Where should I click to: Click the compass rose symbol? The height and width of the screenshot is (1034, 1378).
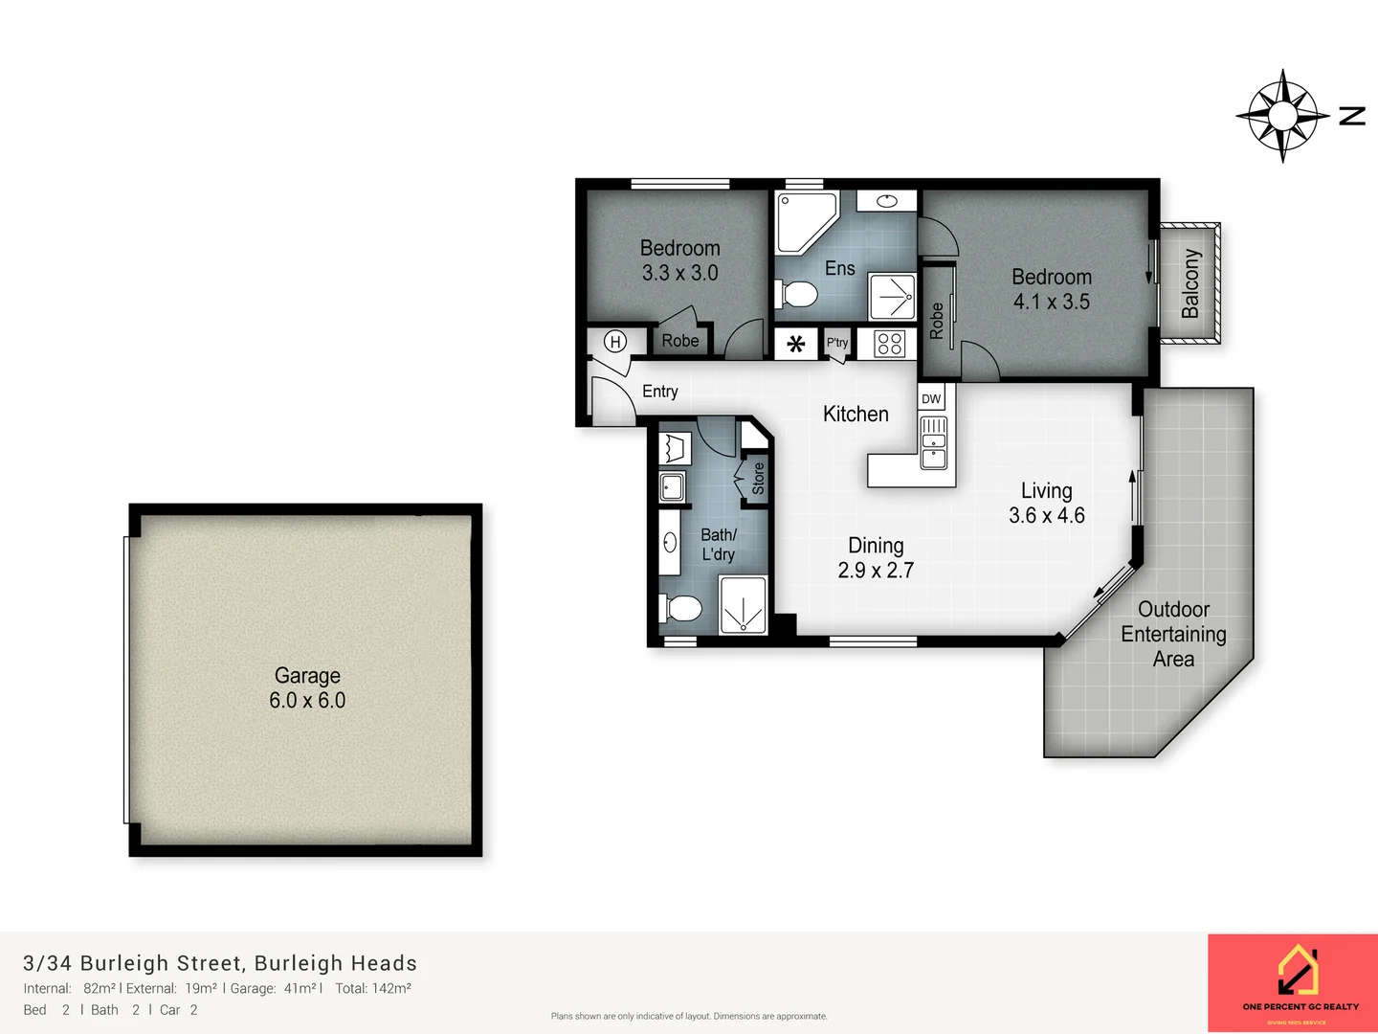(x=1282, y=116)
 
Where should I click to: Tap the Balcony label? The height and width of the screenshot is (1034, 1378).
(x=1189, y=283)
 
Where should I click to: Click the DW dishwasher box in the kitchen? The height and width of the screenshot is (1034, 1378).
(x=931, y=398)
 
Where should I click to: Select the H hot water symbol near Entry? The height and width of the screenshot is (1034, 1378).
(x=615, y=342)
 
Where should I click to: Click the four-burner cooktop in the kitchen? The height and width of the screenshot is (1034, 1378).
(x=889, y=343)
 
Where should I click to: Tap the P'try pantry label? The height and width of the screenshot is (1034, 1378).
(x=837, y=343)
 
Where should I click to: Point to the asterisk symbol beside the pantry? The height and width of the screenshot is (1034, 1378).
(x=795, y=344)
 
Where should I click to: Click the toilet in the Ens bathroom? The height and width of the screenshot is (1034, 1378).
(x=796, y=295)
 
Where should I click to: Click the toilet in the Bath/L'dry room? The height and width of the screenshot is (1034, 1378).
(x=680, y=608)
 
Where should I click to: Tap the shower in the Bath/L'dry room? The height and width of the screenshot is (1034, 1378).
(x=743, y=605)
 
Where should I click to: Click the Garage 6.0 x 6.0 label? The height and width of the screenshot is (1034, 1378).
(x=307, y=687)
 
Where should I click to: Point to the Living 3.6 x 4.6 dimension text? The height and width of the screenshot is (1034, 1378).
(x=1046, y=515)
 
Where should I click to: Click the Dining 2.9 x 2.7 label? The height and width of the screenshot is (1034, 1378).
(x=876, y=557)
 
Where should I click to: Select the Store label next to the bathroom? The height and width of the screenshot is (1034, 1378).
(x=758, y=478)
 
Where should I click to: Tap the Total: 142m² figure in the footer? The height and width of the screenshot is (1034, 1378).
(x=373, y=988)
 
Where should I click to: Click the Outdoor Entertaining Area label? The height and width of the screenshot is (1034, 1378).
(x=1173, y=634)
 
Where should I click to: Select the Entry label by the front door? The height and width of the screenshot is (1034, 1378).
(x=659, y=391)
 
